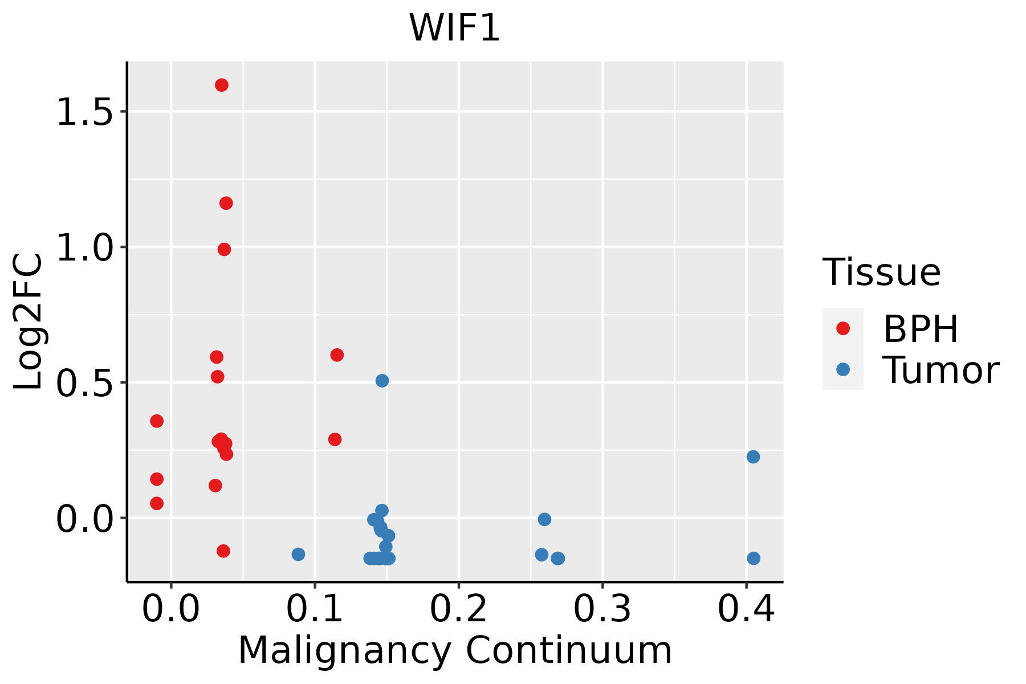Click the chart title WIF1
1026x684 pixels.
[454, 27]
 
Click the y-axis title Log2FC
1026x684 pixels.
[28, 322]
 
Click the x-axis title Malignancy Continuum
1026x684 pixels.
[455, 650]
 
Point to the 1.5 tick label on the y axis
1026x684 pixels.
[84, 112]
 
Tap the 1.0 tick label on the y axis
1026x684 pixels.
[84, 247]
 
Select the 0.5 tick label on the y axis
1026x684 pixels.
[84, 382]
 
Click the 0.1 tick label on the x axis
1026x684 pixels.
[315, 609]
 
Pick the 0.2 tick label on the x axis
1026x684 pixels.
[458, 609]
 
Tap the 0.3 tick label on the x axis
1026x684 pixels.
[602, 609]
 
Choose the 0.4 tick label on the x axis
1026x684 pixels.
[746, 609]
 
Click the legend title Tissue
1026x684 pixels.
[881, 272]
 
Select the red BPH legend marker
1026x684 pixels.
[842, 328]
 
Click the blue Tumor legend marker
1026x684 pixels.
[842, 369]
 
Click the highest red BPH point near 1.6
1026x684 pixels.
[222, 85]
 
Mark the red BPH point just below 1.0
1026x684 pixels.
[224, 249]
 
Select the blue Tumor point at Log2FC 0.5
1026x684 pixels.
[382, 380]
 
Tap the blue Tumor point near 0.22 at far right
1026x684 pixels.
[753, 457]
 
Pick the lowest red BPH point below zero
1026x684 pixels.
[223, 551]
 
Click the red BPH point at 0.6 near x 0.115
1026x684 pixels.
[337, 355]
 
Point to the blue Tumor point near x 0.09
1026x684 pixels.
[298, 554]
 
